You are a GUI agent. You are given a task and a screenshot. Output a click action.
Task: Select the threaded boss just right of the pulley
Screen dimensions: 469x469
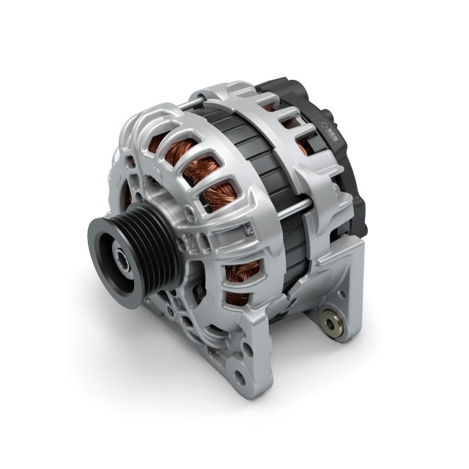[x=190, y=212]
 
